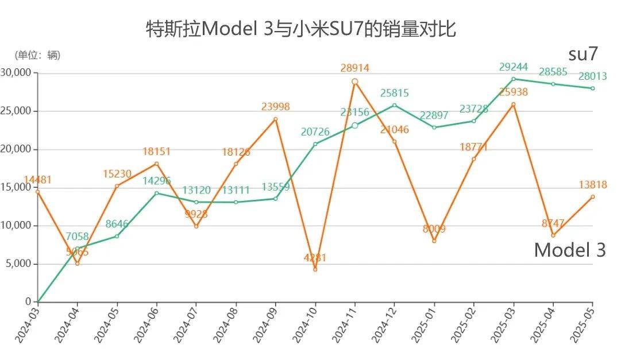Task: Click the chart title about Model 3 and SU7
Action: click(x=300, y=29)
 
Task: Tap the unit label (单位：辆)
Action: click(x=37, y=55)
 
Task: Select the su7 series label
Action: click(x=583, y=54)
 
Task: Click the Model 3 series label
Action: click(x=569, y=250)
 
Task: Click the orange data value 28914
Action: click(x=354, y=68)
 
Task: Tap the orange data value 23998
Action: click(x=275, y=106)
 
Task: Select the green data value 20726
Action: click(x=315, y=132)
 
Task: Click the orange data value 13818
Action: click(x=592, y=185)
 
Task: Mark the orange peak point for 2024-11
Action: click(x=355, y=82)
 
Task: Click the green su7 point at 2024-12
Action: click(x=394, y=105)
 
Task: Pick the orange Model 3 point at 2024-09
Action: click(x=276, y=119)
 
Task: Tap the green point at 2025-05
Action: click(x=592, y=88)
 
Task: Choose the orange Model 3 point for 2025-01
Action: click(x=434, y=241)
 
